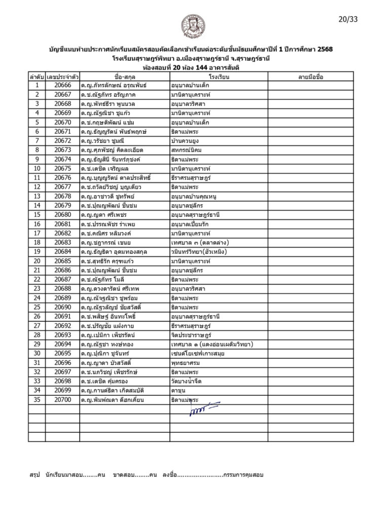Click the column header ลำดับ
point(36,76)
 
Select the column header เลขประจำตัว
point(61,76)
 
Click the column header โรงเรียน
point(219,76)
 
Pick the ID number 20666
point(61,85)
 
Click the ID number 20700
point(61,400)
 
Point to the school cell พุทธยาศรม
point(186,363)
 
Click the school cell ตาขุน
point(178,390)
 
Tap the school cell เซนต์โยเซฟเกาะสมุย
point(196,353)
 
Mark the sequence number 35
point(36,400)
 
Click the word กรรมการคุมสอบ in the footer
point(243,475)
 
